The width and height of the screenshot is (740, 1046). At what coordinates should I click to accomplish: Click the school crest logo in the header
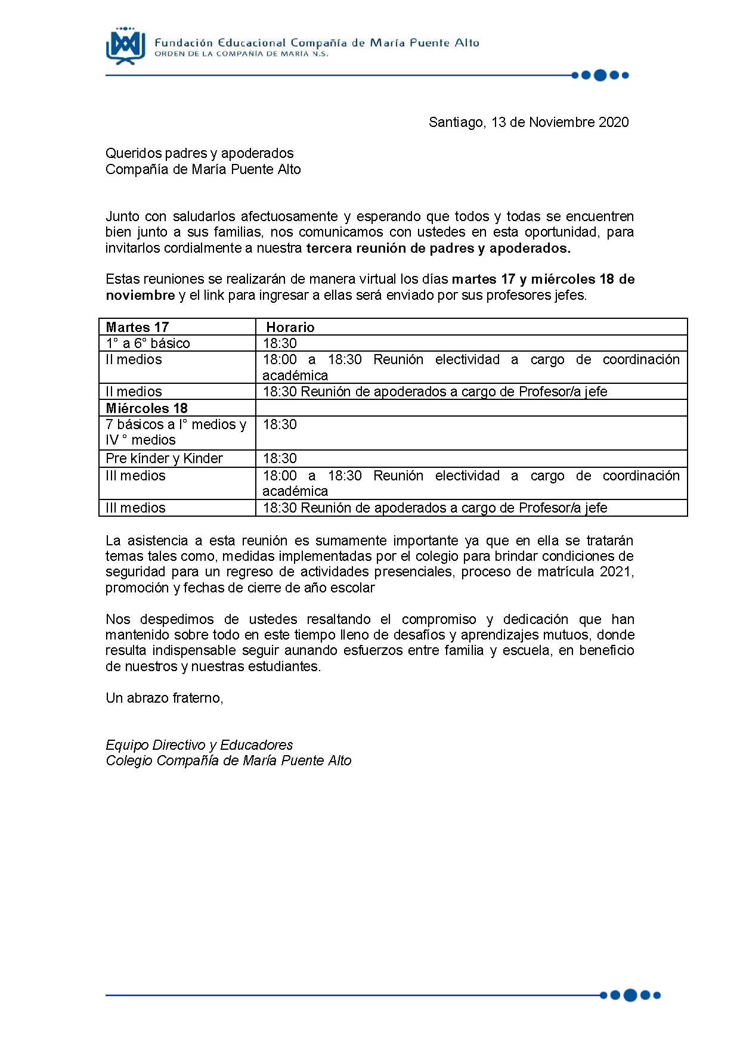point(125,46)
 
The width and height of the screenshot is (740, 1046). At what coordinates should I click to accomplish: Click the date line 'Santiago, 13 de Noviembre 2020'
point(528,122)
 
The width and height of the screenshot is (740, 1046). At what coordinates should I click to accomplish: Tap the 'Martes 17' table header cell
point(137,327)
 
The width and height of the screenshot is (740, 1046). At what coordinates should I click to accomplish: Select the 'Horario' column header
point(290,327)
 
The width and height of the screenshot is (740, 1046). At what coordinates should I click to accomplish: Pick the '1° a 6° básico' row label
point(148,343)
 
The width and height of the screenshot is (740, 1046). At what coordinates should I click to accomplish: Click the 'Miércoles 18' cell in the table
point(147,408)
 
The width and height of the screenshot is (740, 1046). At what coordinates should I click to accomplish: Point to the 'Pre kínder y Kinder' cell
point(164,458)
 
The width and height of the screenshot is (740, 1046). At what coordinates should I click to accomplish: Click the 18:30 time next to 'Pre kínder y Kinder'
point(280,458)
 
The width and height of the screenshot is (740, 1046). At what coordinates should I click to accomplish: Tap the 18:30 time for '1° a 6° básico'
point(280,343)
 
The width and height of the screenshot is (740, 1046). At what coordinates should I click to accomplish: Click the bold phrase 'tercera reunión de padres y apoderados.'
point(438,248)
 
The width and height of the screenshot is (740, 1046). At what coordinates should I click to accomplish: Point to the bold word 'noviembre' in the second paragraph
point(140,295)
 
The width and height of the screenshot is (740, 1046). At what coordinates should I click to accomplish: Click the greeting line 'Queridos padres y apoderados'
point(199,153)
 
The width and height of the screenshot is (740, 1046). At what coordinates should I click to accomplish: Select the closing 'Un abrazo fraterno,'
point(164,698)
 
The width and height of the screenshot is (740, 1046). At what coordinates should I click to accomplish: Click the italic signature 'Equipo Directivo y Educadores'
point(199,745)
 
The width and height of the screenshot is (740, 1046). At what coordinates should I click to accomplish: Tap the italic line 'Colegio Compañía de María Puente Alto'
point(228,761)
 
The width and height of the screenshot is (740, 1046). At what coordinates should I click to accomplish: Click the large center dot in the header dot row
point(600,75)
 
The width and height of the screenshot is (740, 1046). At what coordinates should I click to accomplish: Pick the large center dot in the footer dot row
point(630,995)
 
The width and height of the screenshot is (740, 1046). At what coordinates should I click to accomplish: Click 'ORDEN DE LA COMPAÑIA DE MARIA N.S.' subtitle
point(241,54)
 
